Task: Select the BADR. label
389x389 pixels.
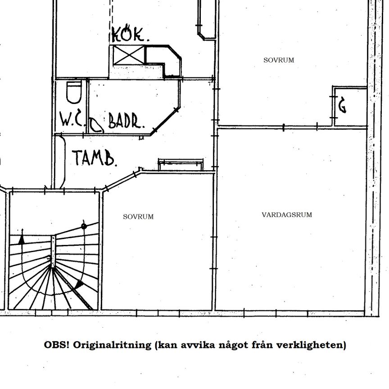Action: click(126, 121)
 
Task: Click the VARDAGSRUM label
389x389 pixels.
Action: click(286, 215)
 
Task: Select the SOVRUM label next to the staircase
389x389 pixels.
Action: click(138, 217)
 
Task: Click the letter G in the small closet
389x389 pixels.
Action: click(342, 106)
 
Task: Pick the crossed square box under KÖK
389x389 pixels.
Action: click(127, 56)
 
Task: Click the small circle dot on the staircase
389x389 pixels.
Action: click(84, 226)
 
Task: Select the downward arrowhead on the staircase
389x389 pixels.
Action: click(79, 285)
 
